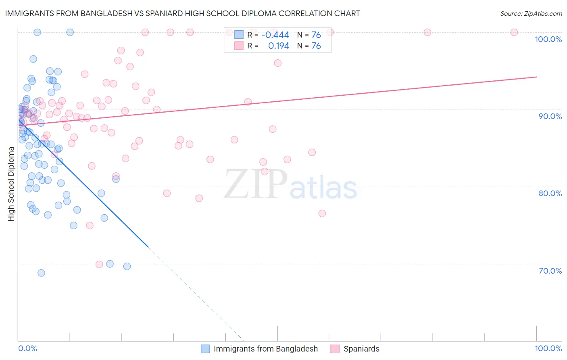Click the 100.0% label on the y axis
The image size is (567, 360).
548,39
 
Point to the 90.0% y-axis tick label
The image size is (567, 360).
550,116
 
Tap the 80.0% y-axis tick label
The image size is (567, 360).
550,193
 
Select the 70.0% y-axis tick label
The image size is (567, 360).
550,271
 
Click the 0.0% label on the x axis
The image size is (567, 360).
27,348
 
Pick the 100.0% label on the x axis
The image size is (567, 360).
548,348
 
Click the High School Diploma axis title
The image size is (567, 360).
11,184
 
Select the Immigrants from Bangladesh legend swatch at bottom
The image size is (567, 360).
205,349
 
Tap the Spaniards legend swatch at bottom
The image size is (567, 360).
335,349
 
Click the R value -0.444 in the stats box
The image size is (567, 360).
275,35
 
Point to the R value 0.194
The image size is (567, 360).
279,46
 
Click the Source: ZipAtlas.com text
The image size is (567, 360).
531,14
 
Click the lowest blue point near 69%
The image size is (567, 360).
41,273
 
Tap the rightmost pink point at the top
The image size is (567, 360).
514,32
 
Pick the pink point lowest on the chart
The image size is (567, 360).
99,264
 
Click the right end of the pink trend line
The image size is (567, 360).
536,77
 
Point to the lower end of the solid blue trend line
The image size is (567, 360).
148,247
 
